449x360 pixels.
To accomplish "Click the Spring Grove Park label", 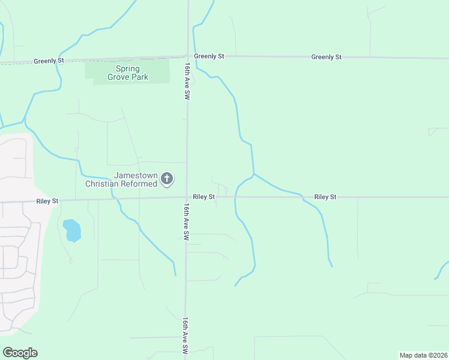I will click(124, 73).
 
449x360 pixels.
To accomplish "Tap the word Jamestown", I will click(136, 176).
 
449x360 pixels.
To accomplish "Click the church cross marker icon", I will click(167, 179).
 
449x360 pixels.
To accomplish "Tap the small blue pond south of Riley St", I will click(72, 230).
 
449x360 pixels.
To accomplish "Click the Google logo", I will click(20, 353).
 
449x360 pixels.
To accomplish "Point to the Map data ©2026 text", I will click(424, 355).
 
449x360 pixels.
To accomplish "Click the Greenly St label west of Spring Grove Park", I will click(49, 61).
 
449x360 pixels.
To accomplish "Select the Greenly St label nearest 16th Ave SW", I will click(209, 56).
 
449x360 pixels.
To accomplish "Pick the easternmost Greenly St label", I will click(327, 57).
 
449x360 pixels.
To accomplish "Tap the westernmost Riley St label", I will click(47, 202).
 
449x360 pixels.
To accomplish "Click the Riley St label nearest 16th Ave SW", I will click(204, 197).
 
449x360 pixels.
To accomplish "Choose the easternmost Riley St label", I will click(325, 197).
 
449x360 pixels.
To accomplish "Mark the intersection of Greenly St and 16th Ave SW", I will click(188, 56).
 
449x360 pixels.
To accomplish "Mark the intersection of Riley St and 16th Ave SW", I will click(186, 197).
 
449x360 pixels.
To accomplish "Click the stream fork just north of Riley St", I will click(254, 175).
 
